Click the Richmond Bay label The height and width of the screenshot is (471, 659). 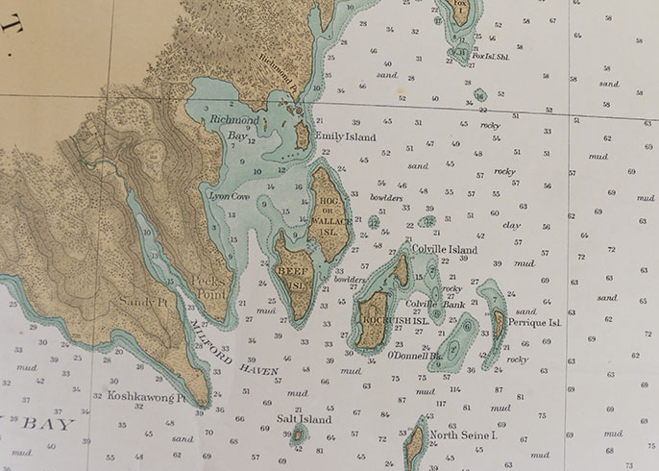pyautogui.click(x=235, y=128)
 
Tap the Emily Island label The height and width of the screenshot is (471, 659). pyautogui.click(x=346, y=137)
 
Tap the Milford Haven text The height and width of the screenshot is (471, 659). pyautogui.click(x=235, y=350)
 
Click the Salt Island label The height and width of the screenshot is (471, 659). pyautogui.click(x=304, y=419)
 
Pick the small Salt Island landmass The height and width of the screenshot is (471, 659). pyautogui.click(x=298, y=436)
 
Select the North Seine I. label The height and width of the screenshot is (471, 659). pyautogui.click(x=463, y=435)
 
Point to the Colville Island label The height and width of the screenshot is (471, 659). pyautogui.click(x=444, y=250)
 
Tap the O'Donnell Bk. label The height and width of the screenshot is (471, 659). pyautogui.click(x=414, y=355)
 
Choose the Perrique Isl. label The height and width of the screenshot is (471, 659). pyautogui.click(x=534, y=323)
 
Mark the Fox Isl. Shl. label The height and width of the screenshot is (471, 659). pyautogui.click(x=490, y=56)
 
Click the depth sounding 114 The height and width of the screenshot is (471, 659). pyautogui.click(x=454, y=389)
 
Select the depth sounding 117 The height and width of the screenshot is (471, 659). pyautogui.click(x=441, y=404)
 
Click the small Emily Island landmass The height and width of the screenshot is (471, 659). pyautogui.click(x=302, y=136)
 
